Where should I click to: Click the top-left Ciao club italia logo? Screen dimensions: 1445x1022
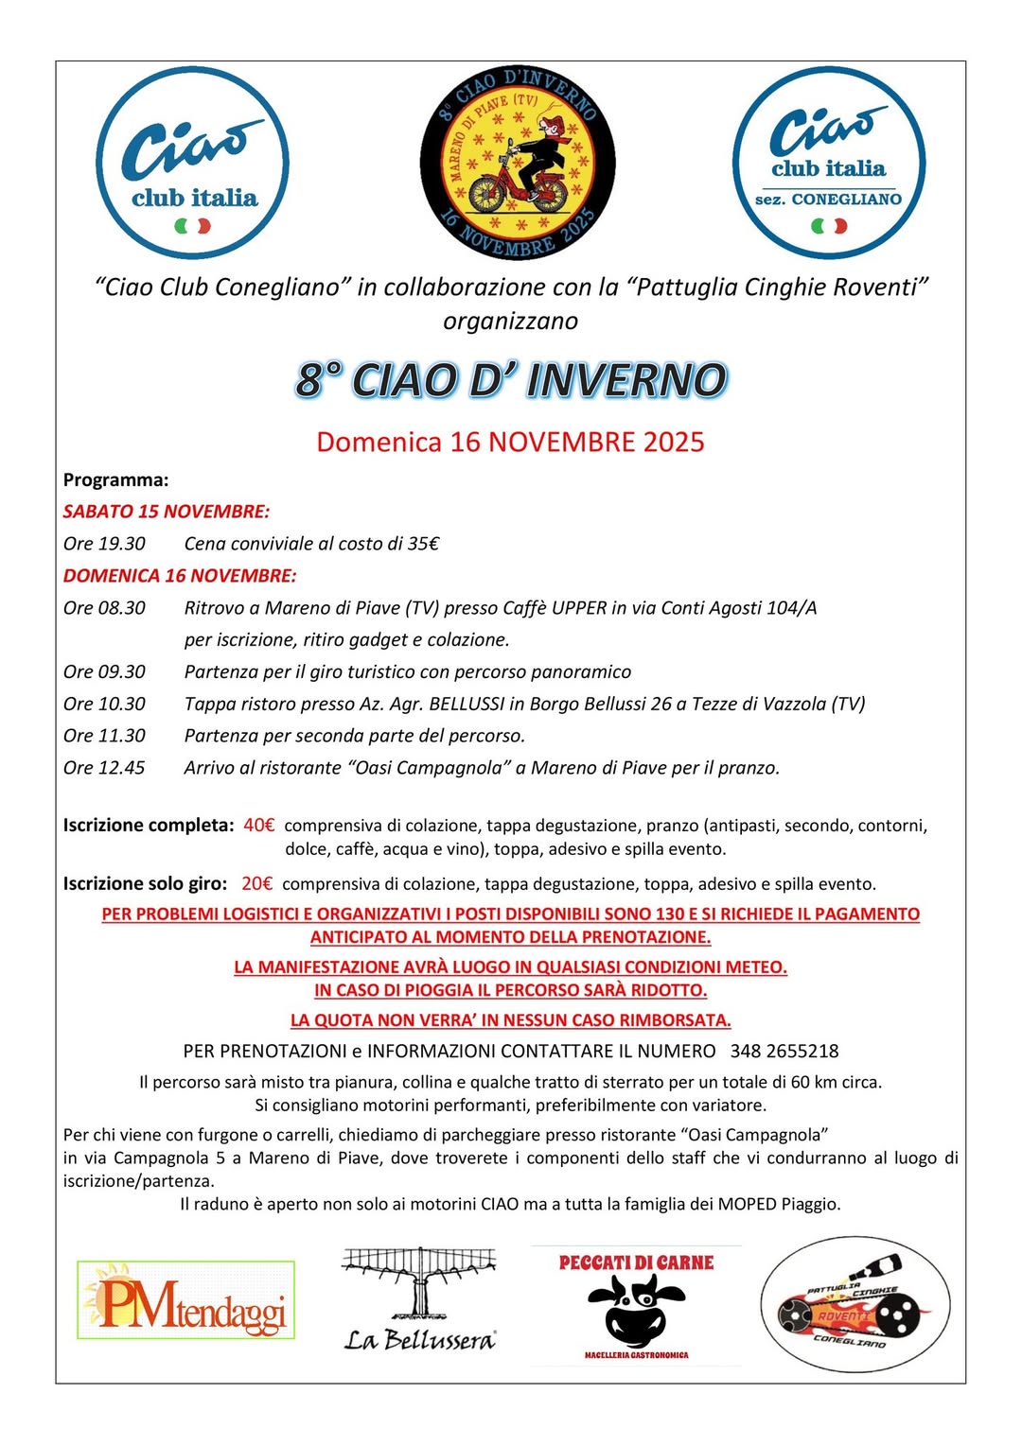pos(193,164)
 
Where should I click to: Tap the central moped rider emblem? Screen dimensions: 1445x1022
pos(518,164)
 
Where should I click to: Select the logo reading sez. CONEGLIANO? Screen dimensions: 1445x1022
pos(829,164)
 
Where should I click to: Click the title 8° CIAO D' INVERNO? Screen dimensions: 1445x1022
pos(511,380)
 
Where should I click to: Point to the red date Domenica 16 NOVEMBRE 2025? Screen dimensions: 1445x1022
pos(510,442)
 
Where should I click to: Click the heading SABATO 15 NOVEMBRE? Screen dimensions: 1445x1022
pos(167,512)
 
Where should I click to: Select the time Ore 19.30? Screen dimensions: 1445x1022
pos(105,544)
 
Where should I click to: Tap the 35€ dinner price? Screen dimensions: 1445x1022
pos(423,544)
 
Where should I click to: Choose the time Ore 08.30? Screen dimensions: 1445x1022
pos(105,608)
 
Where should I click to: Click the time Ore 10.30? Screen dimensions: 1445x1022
pos(105,704)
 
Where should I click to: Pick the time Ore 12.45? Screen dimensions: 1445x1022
pos(105,768)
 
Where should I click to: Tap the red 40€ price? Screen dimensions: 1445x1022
pos(258,825)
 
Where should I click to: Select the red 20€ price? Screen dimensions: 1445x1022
pos(256,883)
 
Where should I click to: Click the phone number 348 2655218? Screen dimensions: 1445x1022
pos(784,1051)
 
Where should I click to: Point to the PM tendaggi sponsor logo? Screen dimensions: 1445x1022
pos(185,1299)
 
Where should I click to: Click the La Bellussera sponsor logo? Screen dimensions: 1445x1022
pos(419,1299)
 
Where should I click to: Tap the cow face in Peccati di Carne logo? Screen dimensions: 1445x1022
pos(636,1308)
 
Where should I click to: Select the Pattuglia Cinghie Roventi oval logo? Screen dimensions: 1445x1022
pos(855,1304)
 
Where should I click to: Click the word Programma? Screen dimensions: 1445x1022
pos(115,479)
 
